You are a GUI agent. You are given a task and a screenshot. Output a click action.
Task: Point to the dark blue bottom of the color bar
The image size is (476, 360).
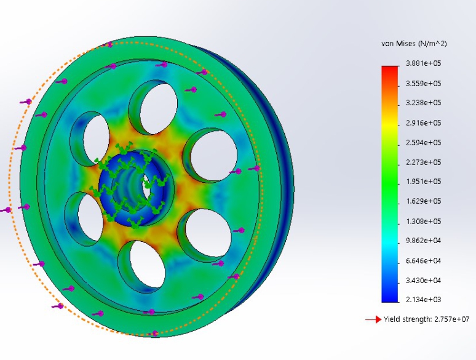tap(390, 297)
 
